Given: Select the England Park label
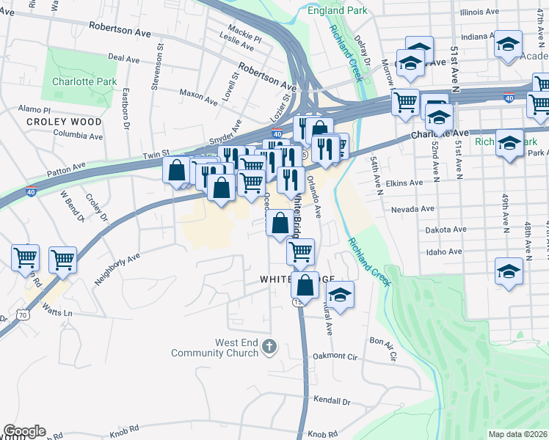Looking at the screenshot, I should [x=337, y=11].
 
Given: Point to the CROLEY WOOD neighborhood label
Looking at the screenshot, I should [x=64, y=122].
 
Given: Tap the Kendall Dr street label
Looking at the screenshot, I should [x=332, y=401].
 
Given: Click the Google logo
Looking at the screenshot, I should [x=24, y=431].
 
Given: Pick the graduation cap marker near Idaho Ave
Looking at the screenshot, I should [x=509, y=271].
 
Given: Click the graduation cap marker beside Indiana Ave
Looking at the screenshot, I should [x=508, y=44].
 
